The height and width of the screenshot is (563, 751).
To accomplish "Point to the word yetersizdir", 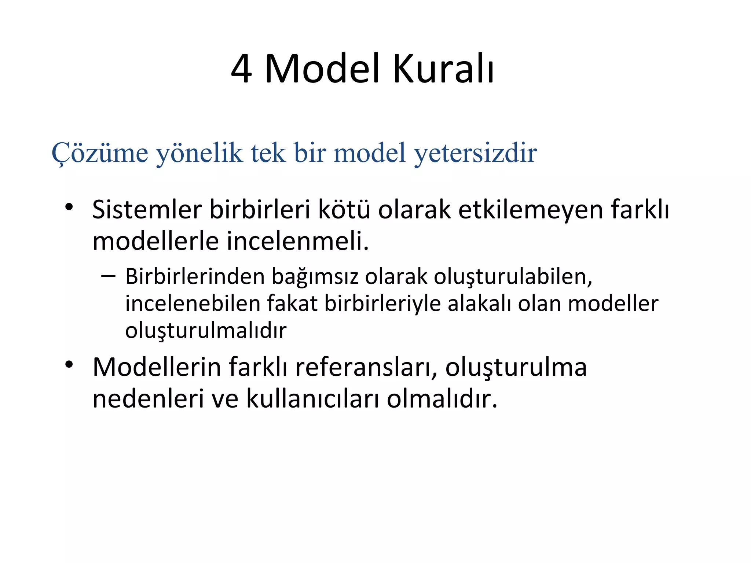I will pyautogui.click(x=475, y=153).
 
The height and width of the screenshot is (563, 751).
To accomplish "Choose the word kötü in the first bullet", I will pyautogui.click(x=344, y=210).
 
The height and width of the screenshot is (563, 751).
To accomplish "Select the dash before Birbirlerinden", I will pyautogui.click(x=108, y=276).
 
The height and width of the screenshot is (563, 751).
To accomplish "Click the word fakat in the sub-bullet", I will pyautogui.click(x=292, y=303).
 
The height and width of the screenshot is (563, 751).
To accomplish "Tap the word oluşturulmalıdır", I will pyautogui.click(x=206, y=331).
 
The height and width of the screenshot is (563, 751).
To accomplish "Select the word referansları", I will pyautogui.click(x=366, y=367).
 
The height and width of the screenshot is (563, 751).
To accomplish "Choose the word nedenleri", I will pyautogui.click(x=148, y=398).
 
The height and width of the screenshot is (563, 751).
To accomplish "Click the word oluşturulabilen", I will pyautogui.click(x=513, y=277).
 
